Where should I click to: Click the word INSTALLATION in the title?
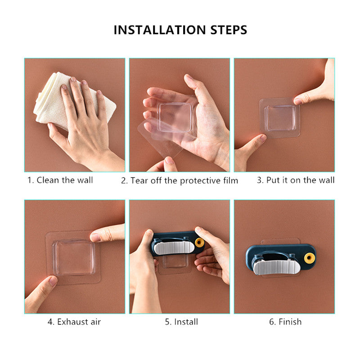(x=160, y=30)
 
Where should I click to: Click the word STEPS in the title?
(x=229, y=30)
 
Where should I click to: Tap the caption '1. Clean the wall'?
(x=60, y=180)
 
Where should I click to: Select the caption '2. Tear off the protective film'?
(x=180, y=181)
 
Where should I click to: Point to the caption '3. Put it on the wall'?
(x=296, y=180)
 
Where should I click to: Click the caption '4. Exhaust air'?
(x=74, y=322)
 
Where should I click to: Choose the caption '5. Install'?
(x=181, y=322)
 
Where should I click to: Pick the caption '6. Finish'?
(x=285, y=322)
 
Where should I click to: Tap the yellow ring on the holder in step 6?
(x=309, y=257)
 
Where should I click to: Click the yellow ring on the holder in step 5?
(x=199, y=243)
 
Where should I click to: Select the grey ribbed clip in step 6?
(x=276, y=267)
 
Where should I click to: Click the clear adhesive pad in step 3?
(x=279, y=118)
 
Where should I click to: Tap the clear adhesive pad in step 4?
(x=73, y=257)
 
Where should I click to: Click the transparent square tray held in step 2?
(x=175, y=117)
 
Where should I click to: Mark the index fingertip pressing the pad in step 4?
(x=96, y=237)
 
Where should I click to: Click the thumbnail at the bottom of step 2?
(x=169, y=160)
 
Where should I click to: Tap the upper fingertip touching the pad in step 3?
(x=297, y=101)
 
